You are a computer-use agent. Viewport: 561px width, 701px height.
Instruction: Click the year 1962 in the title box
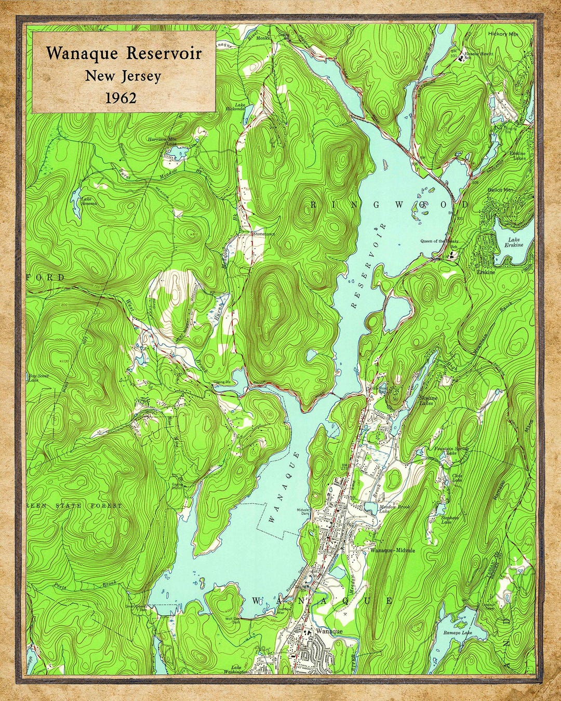tap(121, 98)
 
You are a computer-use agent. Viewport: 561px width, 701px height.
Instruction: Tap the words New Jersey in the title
tap(123, 76)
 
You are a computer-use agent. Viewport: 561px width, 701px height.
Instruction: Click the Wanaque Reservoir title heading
tap(124, 53)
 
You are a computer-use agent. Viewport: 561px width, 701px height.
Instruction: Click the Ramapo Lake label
tap(458, 633)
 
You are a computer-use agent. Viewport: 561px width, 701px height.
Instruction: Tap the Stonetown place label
tap(263, 235)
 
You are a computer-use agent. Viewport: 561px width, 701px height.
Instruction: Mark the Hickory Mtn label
tap(503, 34)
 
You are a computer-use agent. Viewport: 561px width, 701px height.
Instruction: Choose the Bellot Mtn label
tap(500, 190)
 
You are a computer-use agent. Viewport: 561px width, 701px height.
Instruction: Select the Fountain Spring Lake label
tap(451, 451)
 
